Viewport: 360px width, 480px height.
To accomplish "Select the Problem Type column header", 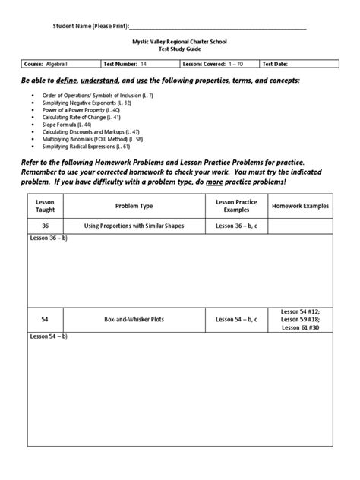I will (x=134, y=205).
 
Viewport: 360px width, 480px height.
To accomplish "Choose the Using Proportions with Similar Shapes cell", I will (x=134, y=226).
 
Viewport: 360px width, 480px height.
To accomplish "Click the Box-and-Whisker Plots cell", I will (x=134, y=320).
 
